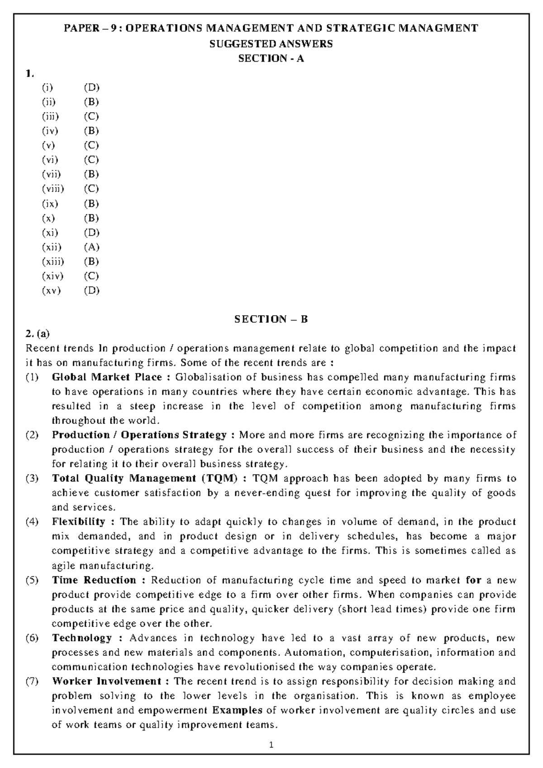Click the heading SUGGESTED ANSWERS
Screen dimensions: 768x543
click(271, 44)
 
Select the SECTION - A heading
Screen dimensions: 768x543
click(271, 58)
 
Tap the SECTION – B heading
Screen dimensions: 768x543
click(271, 319)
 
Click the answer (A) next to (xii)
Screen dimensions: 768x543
click(91, 247)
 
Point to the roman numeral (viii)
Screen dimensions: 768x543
click(53, 189)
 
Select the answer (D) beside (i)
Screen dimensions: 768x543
click(91, 87)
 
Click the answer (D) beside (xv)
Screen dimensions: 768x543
click(91, 290)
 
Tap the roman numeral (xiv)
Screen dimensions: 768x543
click(52, 276)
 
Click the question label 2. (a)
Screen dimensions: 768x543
click(38, 334)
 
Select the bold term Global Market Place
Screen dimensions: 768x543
click(107, 377)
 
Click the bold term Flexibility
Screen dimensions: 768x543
click(78, 522)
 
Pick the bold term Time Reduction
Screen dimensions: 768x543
click(94, 580)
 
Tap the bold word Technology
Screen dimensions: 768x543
click(82, 638)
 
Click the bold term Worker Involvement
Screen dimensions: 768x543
click(107, 682)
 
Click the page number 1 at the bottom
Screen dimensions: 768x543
click(271, 744)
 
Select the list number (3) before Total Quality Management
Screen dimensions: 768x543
click(32, 478)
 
